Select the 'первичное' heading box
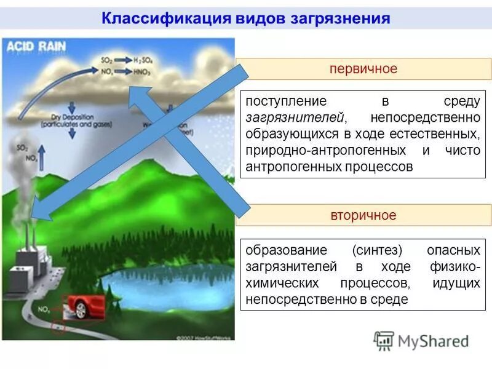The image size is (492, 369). pos(363,69)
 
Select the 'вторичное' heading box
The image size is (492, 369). pos(363,215)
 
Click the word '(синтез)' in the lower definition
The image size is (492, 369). pos(377,251)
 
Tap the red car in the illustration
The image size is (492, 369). pos(82,306)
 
